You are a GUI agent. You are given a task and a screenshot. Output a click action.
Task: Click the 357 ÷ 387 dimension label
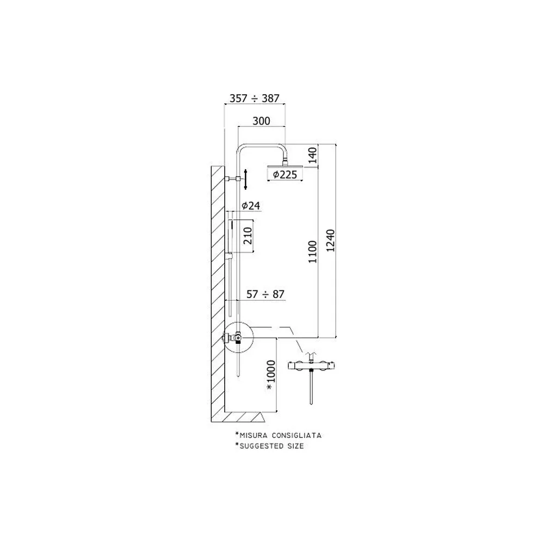(x=254, y=98)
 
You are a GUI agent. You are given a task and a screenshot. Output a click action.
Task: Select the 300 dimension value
(x=261, y=121)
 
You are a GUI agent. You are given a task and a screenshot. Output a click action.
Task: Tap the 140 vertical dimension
(x=313, y=155)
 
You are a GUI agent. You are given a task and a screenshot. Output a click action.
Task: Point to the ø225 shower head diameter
(x=285, y=175)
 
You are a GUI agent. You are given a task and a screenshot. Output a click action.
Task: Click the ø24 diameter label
(x=251, y=206)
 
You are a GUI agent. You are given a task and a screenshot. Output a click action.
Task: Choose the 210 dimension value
(x=248, y=236)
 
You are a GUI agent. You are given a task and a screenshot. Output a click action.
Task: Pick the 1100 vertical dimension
(x=313, y=252)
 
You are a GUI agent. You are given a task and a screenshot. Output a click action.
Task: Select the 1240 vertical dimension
(x=331, y=240)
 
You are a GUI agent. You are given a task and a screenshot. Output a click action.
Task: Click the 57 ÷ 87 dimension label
(x=265, y=294)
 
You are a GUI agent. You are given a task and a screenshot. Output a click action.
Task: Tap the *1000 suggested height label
(x=270, y=376)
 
